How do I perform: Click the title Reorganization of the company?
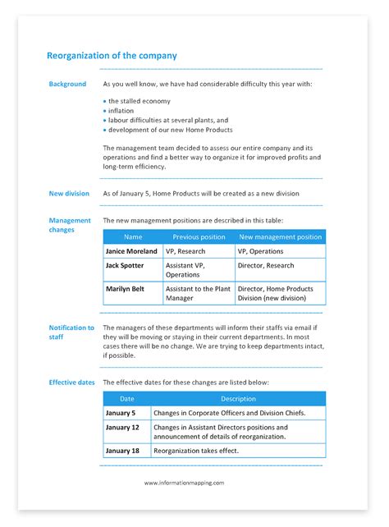coord(112,56)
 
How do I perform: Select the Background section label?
coord(67,84)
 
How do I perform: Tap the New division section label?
coord(69,194)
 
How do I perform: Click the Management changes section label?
coord(70,225)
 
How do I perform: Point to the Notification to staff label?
coord(71,332)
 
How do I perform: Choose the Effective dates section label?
coord(72,383)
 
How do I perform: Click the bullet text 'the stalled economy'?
coord(140,101)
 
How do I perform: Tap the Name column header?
coord(132,237)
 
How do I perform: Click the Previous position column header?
coord(198,237)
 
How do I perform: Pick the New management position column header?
coord(280,237)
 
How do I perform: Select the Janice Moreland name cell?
coord(131,252)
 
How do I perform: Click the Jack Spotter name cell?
coord(125,266)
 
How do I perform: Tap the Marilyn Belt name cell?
coord(126,289)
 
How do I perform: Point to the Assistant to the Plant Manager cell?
coord(198,294)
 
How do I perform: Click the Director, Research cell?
coord(266,266)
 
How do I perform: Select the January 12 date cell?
coord(122,428)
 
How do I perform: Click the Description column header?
coord(238,398)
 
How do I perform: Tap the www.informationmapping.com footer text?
coord(184,483)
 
